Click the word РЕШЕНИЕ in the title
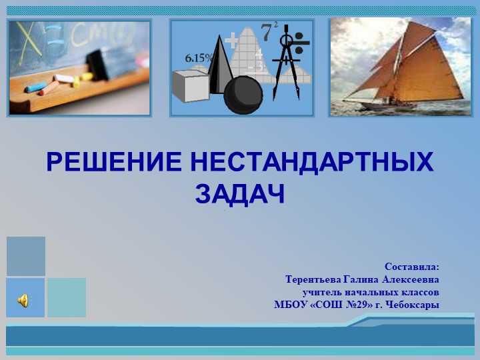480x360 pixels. [x=114, y=163]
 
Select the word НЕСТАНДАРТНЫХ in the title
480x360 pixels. [x=312, y=163]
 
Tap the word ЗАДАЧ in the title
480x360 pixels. [x=240, y=194]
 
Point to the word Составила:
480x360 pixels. [x=411, y=267]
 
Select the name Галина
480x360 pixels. [x=361, y=279]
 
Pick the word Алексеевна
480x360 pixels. [x=411, y=279]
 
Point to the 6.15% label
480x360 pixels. [x=199, y=58]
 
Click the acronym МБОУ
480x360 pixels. [x=289, y=305]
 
